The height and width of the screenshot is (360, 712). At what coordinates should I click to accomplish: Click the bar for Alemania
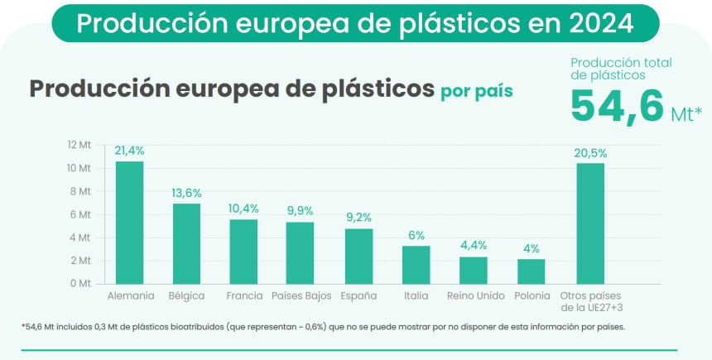click(x=129, y=222)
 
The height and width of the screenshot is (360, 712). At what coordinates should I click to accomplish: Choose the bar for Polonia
click(x=531, y=271)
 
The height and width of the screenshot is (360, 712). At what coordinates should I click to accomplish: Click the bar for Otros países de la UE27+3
click(x=590, y=223)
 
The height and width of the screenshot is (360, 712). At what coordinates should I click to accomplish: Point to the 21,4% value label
click(x=130, y=151)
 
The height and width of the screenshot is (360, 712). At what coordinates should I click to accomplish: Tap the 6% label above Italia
click(x=416, y=235)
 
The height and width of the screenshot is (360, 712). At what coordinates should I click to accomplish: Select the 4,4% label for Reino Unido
click(x=473, y=246)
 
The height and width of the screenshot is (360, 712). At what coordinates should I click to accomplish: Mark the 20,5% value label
click(x=590, y=152)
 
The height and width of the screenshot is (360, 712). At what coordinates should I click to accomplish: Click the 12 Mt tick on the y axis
click(x=79, y=145)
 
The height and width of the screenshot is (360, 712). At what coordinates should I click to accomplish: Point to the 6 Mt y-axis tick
click(x=82, y=214)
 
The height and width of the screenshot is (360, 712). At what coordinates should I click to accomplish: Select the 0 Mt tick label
click(x=82, y=283)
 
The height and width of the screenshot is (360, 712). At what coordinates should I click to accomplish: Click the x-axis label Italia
click(x=416, y=295)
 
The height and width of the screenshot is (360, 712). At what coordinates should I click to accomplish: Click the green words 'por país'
click(x=476, y=90)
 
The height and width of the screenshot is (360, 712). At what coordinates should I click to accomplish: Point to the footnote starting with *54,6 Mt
click(x=323, y=326)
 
